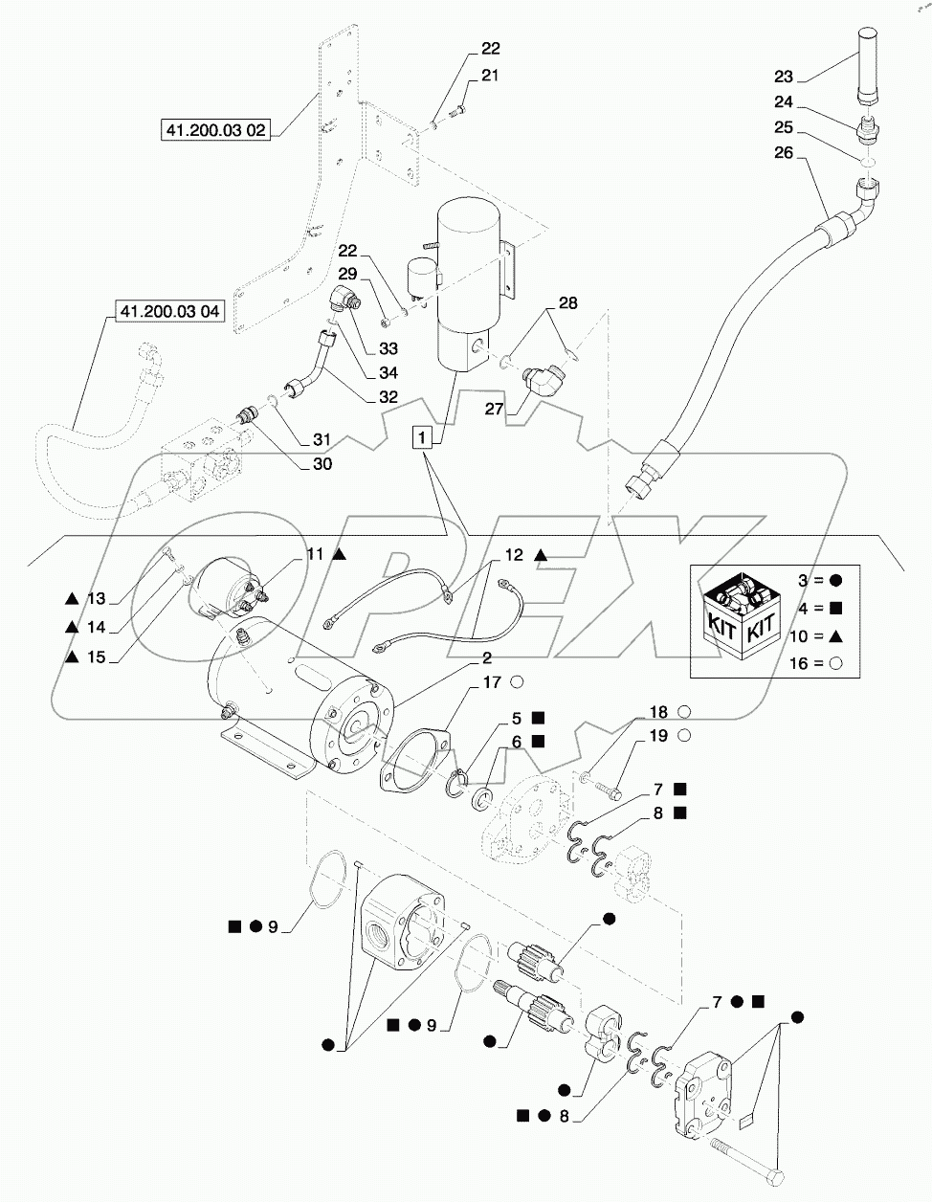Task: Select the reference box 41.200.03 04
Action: (168, 311)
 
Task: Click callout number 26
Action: (783, 154)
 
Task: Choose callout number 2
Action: (486, 658)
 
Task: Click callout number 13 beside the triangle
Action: (96, 599)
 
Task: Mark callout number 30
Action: (322, 464)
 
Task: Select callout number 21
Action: (489, 75)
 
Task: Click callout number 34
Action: (362, 372)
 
